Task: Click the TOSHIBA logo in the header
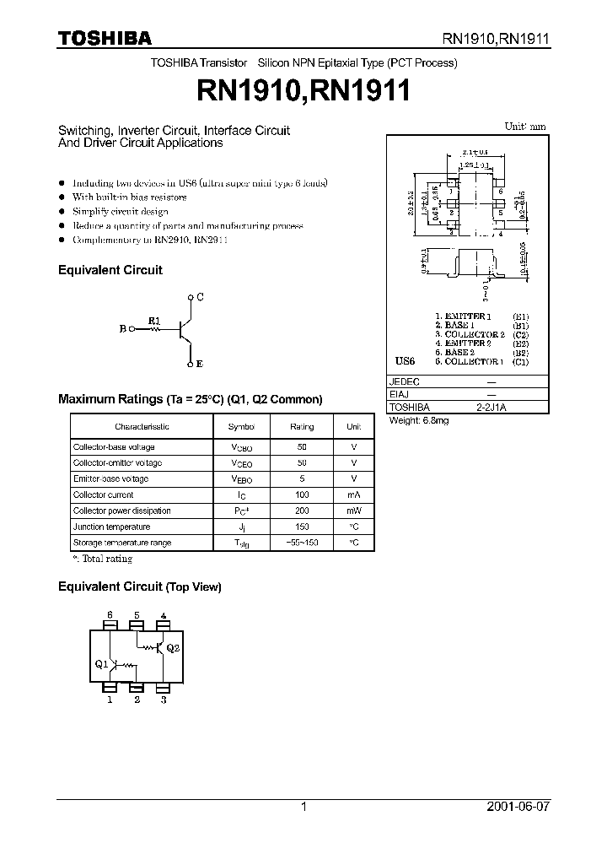point(104,38)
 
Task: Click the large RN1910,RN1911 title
point(303,90)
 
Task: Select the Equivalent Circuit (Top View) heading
point(139,586)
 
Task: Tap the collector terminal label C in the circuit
point(200,296)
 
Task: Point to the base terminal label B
point(122,330)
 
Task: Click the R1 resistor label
point(153,320)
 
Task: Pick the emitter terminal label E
point(200,364)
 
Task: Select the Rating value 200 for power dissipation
point(302,511)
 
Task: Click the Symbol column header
point(242,427)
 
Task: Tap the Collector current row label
point(103,495)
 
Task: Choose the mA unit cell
point(353,495)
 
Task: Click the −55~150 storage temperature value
point(302,543)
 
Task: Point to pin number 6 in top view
point(110,614)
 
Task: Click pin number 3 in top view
point(163,700)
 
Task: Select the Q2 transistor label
point(173,648)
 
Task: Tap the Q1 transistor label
point(101,663)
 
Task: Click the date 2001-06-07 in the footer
point(518,807)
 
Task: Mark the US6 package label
point(405,361)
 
